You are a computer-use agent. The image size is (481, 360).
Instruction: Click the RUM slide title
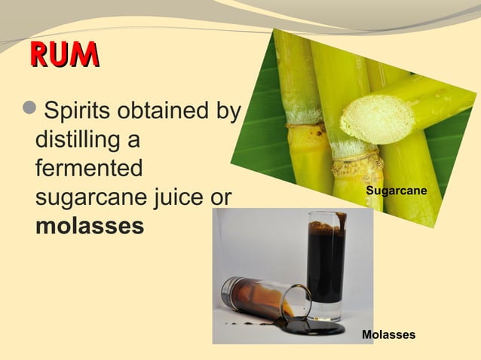pos(64,54)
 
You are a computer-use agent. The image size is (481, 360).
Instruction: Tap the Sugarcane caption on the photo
pos(397,193)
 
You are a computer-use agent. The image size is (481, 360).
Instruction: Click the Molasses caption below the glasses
pos(389,334)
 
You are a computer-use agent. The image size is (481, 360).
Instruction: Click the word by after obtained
pos(227,112)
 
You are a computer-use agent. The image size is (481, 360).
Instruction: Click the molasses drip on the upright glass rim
pos(342,219)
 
